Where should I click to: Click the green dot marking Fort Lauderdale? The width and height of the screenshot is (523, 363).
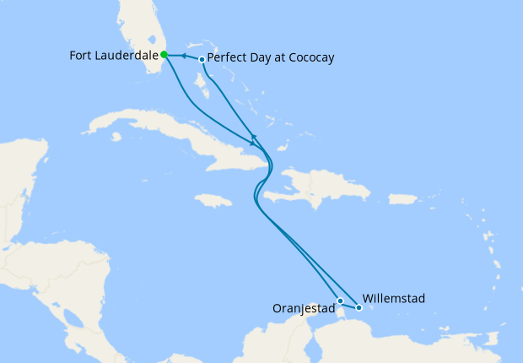(x=164, y=55)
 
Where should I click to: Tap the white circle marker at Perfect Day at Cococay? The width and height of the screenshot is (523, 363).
(x=202, y=59)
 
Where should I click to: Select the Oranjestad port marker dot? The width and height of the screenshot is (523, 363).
(x=340, y=301)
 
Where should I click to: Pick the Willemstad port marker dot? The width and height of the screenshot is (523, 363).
(x=359, y=307)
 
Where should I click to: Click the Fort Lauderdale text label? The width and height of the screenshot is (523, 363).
(x=113, y=56)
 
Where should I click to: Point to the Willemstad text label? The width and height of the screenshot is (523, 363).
(x=394, y=298)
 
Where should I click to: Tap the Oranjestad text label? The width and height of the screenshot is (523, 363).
(x=304, y=309)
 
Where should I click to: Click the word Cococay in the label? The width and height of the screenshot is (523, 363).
(x=307, y=58)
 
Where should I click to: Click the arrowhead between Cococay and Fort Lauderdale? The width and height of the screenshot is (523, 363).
(x=182, y=57)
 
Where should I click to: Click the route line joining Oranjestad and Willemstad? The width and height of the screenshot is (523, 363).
(x=349, y=304)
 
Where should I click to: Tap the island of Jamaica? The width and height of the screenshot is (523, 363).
(x=213, y=200)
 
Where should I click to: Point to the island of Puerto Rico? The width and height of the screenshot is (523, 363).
(x=403, y=199)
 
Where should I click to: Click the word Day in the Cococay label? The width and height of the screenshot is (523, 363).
(x=260, y=58)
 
